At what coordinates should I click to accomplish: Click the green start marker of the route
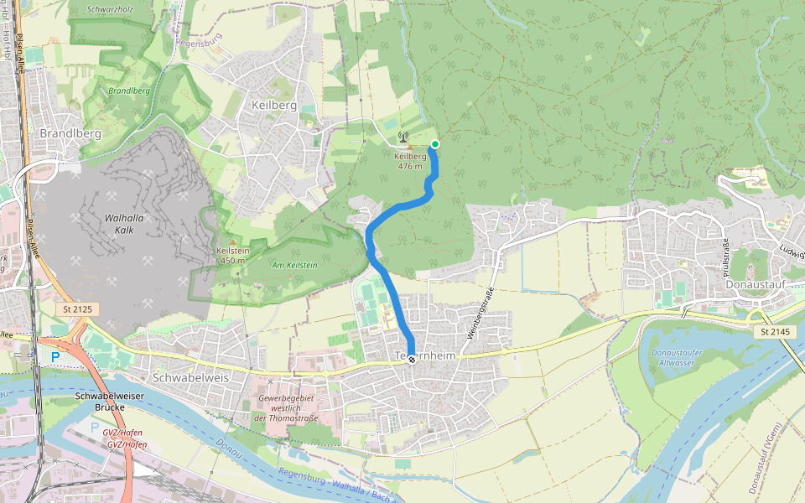pos(434,144)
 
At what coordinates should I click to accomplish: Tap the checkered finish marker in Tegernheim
pos(412,359)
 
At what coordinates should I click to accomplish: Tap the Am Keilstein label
pos(293,265)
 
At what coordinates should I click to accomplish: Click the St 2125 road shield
pos(78,309)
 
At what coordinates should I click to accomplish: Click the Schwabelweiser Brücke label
pos(99,401)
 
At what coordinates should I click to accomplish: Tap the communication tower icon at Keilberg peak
pos(402,137)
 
